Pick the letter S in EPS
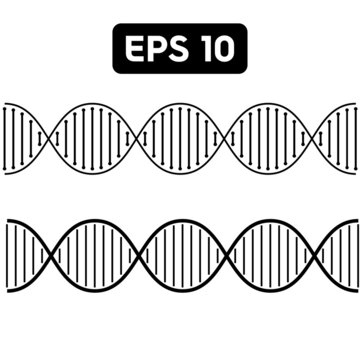(177, 49)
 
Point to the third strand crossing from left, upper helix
(228, 139)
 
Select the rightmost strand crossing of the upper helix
(318, 139)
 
